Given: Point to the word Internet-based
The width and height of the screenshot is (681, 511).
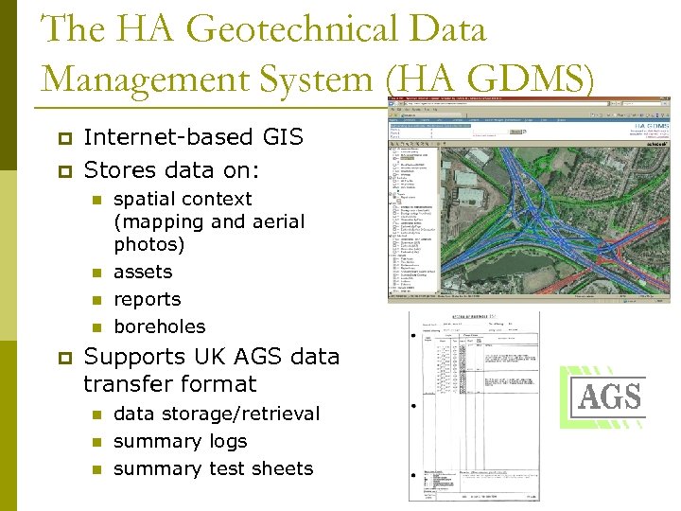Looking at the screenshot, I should (166, 137).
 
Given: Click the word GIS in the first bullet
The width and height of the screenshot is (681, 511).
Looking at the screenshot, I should (280, 137).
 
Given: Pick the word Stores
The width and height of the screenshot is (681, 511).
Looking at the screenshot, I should (117, 171).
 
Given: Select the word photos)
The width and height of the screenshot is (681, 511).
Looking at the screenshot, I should (149, 244).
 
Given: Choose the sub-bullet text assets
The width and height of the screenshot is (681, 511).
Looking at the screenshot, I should (143, 272).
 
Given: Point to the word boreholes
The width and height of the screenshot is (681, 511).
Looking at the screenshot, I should (159, 326).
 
